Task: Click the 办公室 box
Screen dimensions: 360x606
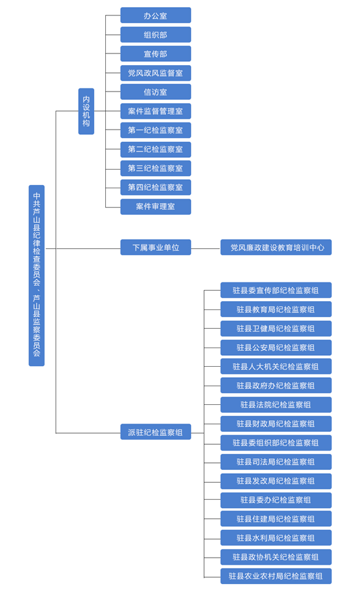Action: click(155, 15)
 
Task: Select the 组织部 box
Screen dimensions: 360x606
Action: click(155, 35)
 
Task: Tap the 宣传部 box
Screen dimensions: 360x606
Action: click(155, 54)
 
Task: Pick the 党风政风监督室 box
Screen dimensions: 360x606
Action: click(155, 73)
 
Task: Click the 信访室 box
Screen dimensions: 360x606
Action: click(155, 92)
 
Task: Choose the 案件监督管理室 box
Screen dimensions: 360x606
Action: click(155, 111)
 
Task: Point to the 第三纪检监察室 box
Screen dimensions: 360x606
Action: click(155, 168)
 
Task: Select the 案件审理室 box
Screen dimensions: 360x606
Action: click(155, 206)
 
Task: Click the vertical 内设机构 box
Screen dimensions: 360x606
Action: click(86, 112)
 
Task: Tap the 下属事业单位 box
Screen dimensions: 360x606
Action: click(155, 248)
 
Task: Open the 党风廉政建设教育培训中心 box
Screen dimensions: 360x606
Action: click(275, 248)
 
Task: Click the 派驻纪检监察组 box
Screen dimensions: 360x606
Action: click(155, 432)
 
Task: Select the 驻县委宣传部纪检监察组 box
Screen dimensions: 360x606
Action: click(275, 290)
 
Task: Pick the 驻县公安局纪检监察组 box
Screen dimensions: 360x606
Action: click(275, 347)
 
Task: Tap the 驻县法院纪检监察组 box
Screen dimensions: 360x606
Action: click(275, 405)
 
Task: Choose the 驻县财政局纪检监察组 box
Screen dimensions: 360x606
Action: click(275, 424)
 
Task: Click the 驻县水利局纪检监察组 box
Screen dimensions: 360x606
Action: click(275, 538)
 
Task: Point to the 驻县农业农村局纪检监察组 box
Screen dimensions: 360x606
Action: click(275, 576)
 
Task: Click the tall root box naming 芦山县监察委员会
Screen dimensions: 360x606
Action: click(37, 275)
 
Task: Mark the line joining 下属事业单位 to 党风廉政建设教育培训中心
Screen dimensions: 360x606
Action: click(206, 248)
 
